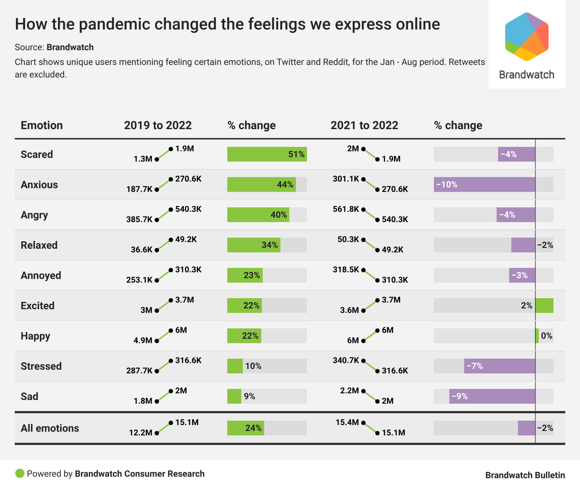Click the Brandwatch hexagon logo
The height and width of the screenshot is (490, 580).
527,37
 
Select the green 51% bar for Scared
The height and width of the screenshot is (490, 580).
267,154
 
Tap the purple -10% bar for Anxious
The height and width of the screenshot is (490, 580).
484,184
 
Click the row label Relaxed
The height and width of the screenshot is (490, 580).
39,245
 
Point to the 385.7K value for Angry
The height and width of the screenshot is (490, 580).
139,220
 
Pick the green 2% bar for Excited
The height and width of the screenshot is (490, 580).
544,306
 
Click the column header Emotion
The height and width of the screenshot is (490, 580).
42,125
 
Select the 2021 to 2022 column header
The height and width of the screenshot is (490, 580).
364,125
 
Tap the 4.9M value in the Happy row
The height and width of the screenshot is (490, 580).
143,341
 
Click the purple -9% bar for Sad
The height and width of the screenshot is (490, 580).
492,396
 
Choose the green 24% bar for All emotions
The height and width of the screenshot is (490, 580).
245,428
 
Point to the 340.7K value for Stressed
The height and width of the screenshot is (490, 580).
346,360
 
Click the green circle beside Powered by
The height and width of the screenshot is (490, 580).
20,473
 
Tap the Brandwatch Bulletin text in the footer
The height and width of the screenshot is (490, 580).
525,475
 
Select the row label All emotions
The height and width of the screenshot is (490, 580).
50,428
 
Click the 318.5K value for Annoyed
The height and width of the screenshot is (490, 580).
346,270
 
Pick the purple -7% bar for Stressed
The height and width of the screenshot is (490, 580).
500,366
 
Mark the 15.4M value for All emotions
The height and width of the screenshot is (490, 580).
347,422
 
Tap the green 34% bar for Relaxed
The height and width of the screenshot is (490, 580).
253,245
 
